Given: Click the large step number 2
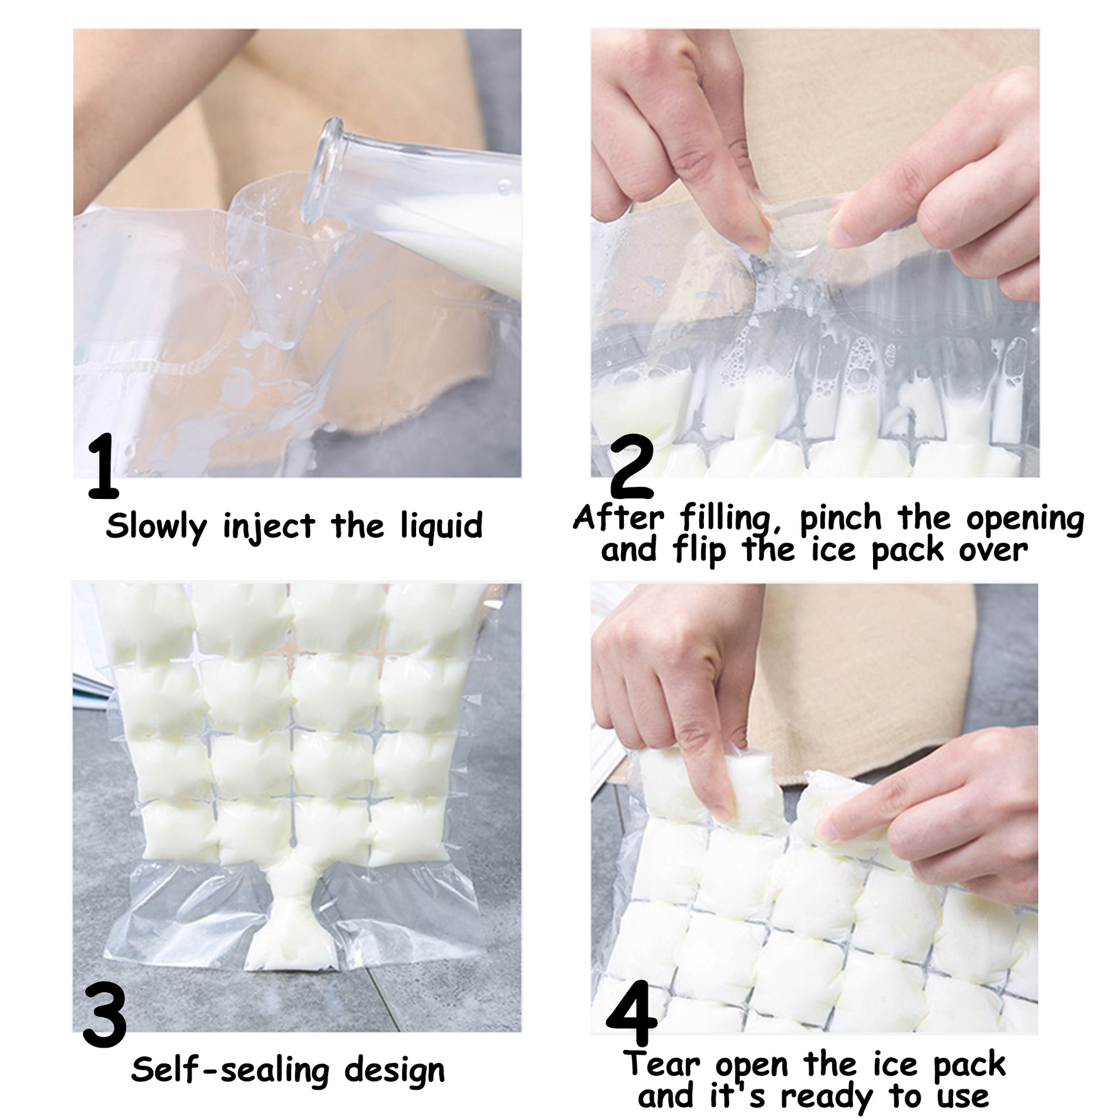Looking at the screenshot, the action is (x=632, y=467).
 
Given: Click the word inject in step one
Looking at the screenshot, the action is (x=269, y=527).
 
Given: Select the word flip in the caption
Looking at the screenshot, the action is (x=700, y=550).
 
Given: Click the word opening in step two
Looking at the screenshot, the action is (x=1025, y=519).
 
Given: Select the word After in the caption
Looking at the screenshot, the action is (x=619, y=517).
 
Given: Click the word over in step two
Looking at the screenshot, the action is (x=993, y=550).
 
